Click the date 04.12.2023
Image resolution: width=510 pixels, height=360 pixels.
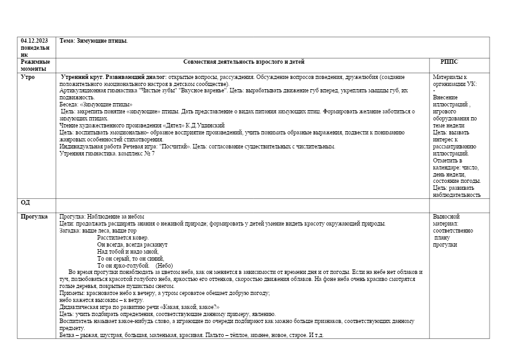(34, 41)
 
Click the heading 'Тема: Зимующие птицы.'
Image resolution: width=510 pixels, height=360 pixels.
(93, 41)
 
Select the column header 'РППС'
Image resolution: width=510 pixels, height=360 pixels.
(449, 62)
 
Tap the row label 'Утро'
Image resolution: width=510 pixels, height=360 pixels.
(28, 77)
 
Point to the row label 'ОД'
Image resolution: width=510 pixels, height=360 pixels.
(25, 202)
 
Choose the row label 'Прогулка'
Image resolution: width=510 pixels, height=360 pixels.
(34, 217)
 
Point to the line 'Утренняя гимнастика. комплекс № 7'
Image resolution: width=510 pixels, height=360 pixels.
(107, 154)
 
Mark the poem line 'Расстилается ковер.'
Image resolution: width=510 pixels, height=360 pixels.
(122, 237)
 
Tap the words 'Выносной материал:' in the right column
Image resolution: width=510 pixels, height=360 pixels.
(446, 220)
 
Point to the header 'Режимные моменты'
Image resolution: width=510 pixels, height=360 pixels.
(35, 66)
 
